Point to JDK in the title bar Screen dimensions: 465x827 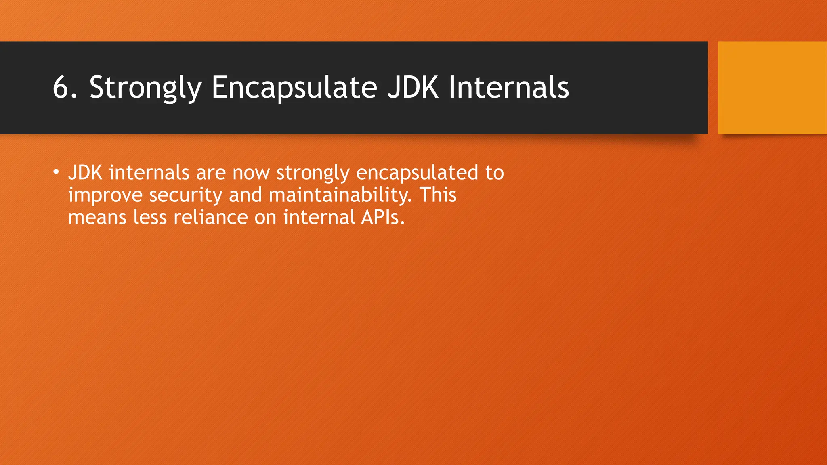coord(413,87)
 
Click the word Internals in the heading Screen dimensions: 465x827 coord(509,87)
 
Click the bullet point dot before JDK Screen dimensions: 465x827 coord(56,173)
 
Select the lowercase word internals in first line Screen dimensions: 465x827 coord(149,173)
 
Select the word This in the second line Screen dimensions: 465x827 coord(438,195)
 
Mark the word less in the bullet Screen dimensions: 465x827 coord(150,217)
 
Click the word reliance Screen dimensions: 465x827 coord(210,217)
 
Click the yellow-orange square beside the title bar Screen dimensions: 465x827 coord(772,88)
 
